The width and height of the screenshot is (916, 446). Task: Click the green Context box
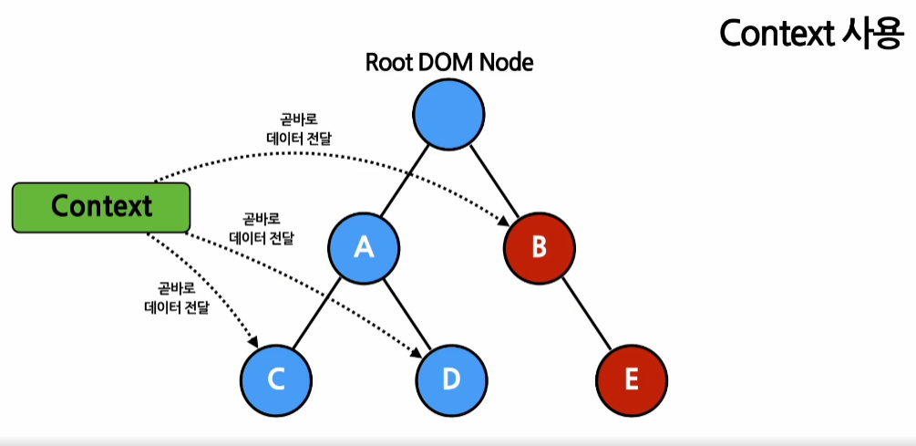click(100, 206)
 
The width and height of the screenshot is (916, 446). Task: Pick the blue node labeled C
click(277, 378)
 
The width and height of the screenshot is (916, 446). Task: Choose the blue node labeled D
click(450, 378)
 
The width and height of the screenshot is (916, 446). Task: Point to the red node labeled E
click(632, 378)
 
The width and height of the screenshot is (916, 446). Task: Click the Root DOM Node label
click(448, 62)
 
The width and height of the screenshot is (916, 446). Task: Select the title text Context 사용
click(810, 34)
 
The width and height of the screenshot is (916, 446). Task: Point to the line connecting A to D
click(407, 313)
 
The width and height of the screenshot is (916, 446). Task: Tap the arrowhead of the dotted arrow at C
click(254, 342)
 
